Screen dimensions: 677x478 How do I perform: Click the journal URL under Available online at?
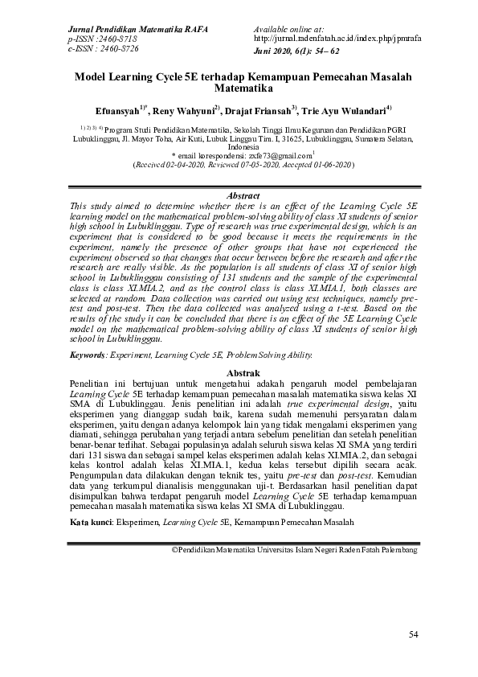[x=337, y=39]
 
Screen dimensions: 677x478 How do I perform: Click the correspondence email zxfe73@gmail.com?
[x=271, y=154]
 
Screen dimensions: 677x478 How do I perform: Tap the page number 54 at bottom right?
[x=414, y=636]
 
